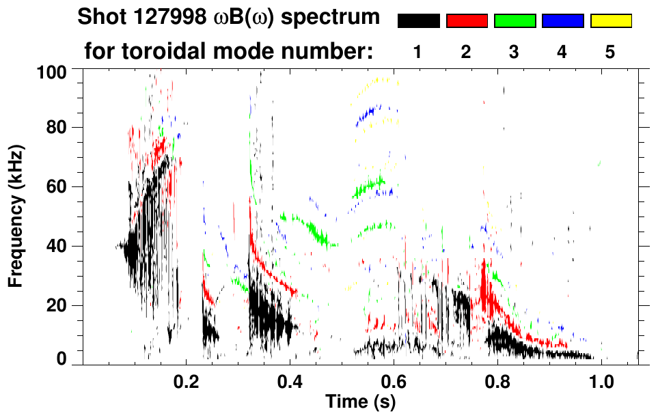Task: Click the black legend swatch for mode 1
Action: (418, 21)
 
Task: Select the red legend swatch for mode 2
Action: (467, 21)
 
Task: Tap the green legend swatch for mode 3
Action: (515, 21)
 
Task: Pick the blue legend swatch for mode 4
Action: (562, 21)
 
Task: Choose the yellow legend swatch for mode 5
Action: (610, 21)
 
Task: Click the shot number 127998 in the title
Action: (157, 17)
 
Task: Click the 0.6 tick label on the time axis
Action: (393, 380)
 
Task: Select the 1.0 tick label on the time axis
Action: (601, 380)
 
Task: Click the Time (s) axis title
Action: (360, 402)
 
